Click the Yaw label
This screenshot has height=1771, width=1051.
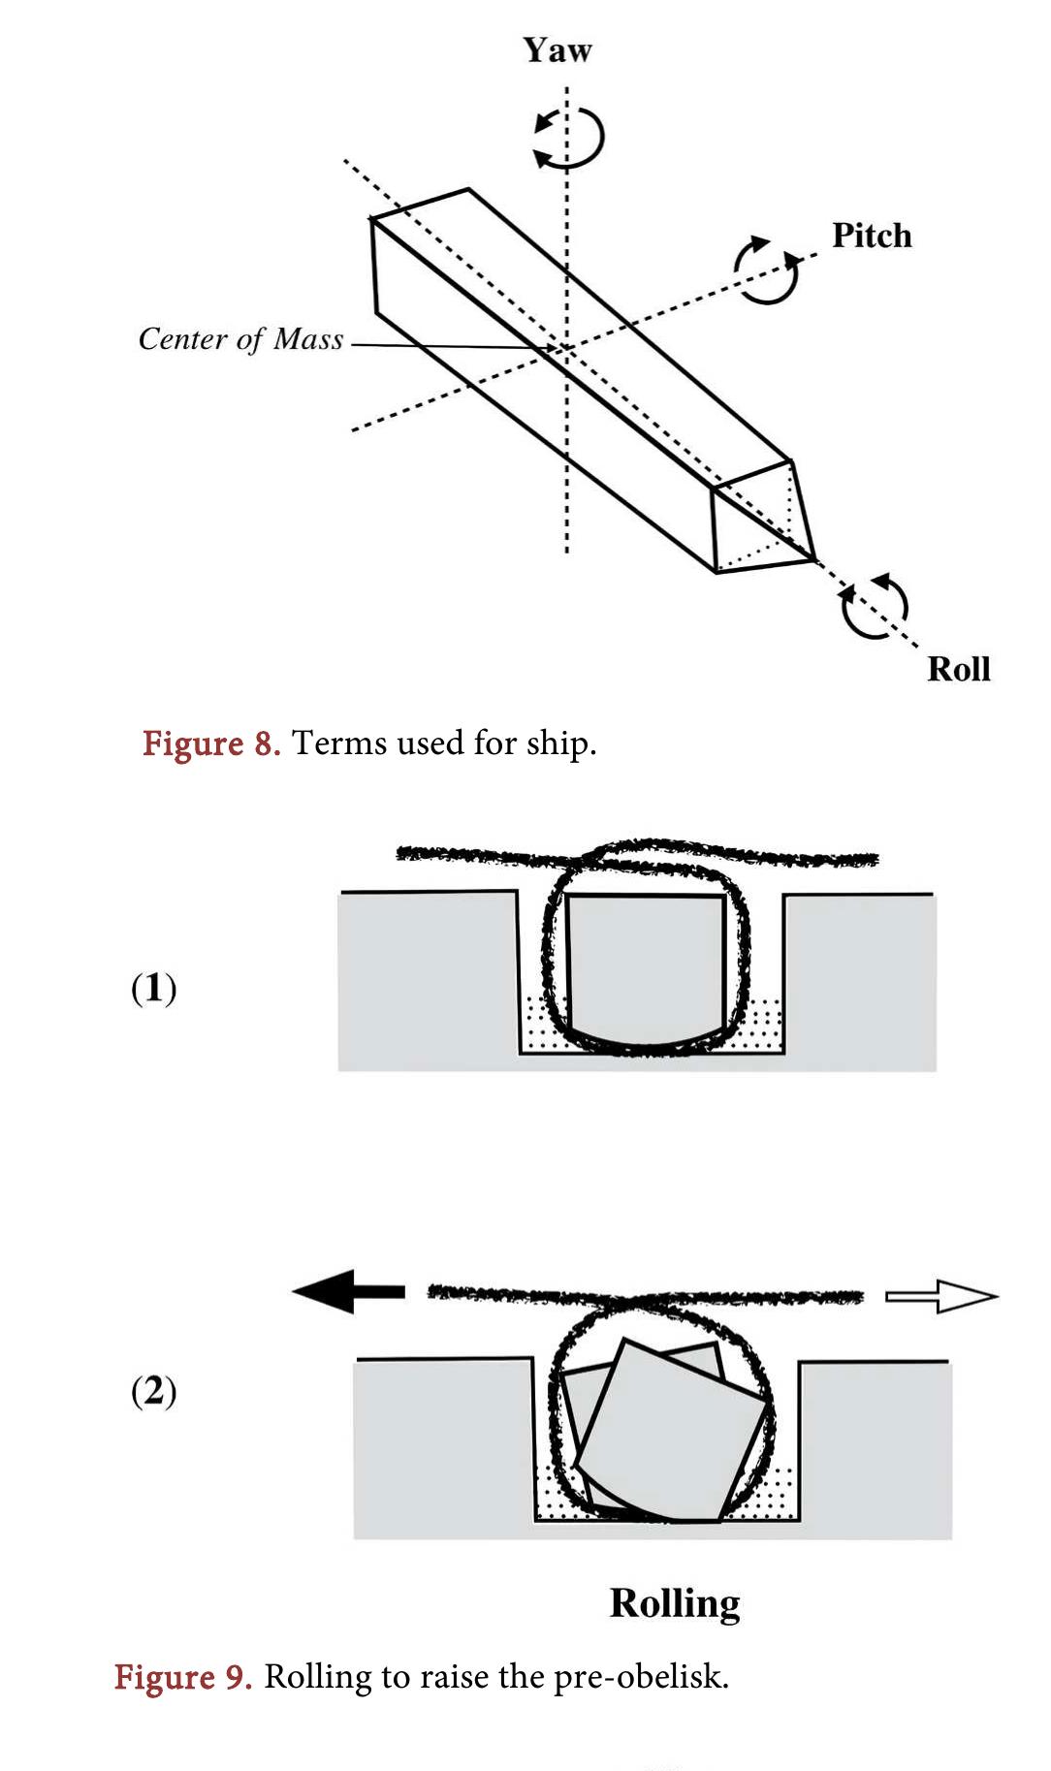click(x=557, y=50)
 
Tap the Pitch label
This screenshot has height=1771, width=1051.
click(x=871, y=236)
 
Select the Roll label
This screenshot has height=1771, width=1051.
click(x=958, y=669)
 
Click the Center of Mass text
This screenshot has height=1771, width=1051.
click(x=240, y=339)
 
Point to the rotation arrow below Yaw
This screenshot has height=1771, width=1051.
click(x=569, y=139)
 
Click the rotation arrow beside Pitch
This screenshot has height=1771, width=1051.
click(x=766, y=270)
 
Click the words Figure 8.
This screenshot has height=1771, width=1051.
click(x=210, y=743)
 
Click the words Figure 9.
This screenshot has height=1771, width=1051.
click(x=182, y=1676)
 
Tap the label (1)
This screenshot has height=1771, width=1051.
click(x=153, y=988)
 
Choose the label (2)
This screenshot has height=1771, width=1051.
click(x=153, y=1390)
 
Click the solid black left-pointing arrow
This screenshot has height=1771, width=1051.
click(x=348, y=1292)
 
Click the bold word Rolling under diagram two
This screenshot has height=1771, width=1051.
click(x=674, y=1603)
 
